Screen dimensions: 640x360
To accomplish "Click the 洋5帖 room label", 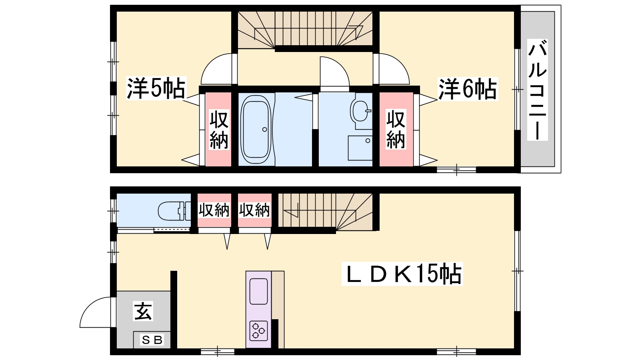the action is [x=156, y=88].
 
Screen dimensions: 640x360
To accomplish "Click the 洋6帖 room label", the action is [x=468, y=89].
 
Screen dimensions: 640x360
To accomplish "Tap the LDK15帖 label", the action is [x=402, y=274].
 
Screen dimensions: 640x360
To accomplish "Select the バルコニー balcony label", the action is [x=538, y=90].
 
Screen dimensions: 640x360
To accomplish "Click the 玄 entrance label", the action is [x=143, y=311].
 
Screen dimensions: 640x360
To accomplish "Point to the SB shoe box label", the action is [x=152, y=340].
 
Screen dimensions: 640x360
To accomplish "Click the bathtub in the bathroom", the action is [x=256, y=130].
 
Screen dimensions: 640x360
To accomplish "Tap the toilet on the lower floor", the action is [x=174, y=211].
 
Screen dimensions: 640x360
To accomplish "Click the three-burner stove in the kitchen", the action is [x=258, y=331].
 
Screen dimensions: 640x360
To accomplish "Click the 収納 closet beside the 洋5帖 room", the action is [x=218, y=129].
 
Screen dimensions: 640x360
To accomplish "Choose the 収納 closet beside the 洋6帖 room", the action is [x=396, y=129].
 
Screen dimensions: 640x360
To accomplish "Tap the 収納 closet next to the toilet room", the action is [x=214, y=210].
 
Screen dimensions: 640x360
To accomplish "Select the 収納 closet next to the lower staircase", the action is [x=254, y=210].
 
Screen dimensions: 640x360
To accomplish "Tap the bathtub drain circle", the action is [x=264, y=130].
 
